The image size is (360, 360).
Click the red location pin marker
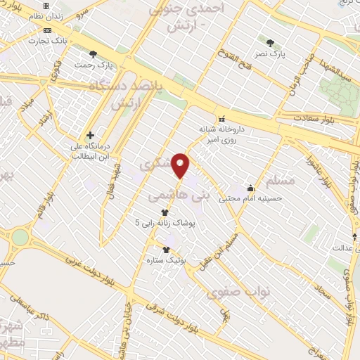pos(181,165)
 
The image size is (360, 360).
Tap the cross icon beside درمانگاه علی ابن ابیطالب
pos(90,134)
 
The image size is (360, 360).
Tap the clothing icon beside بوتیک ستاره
pos(166,250)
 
